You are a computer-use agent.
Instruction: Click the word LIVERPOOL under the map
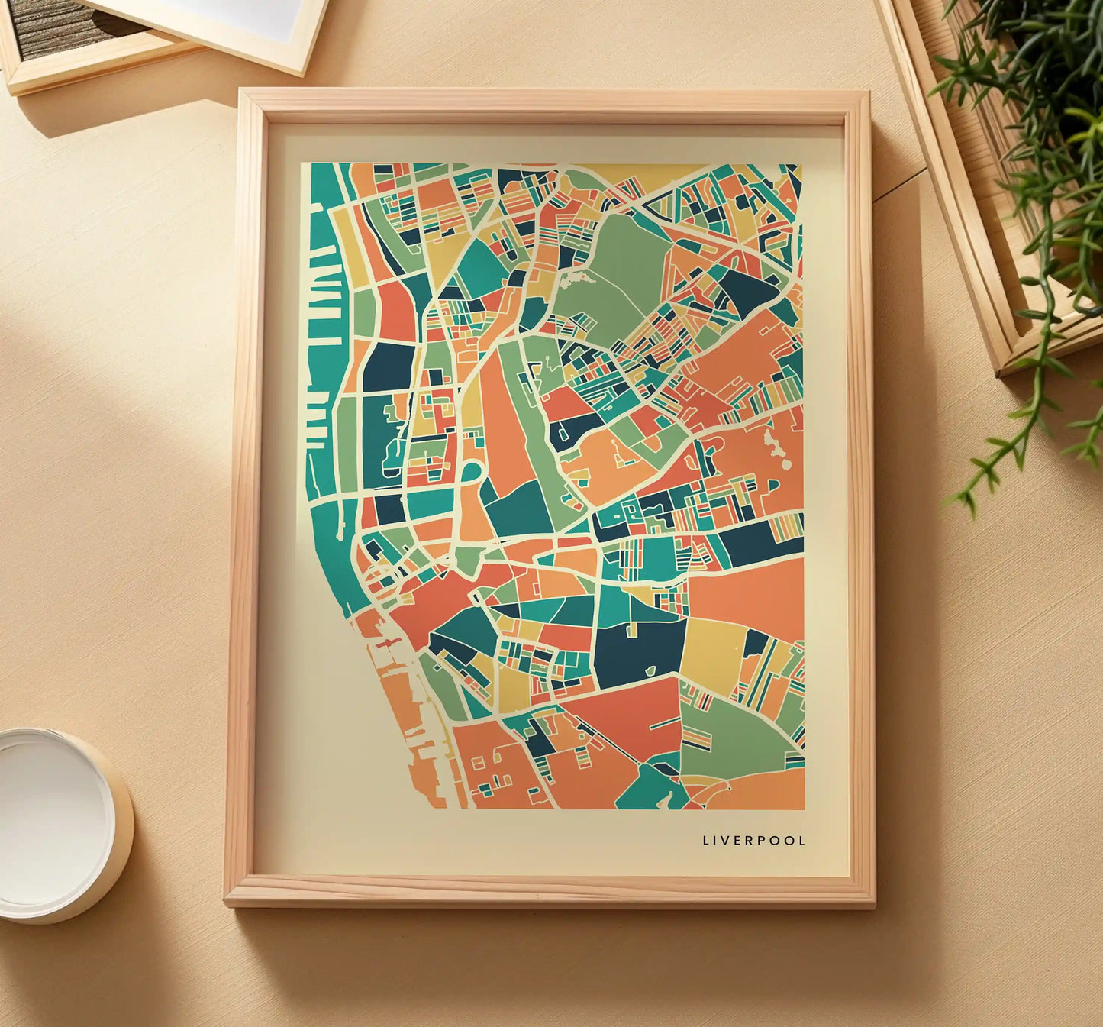click(x=753, y=841)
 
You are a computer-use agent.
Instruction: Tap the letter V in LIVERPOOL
click(x=726, y=841)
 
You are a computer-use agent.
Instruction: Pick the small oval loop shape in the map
click(x=471, y=472)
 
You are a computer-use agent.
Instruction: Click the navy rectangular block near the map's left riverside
click(x=388, y=367)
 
